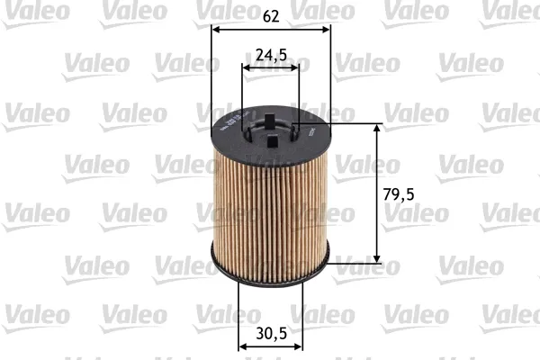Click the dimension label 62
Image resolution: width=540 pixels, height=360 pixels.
coord(271,14)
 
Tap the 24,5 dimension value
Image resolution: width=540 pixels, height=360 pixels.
coord(271,54)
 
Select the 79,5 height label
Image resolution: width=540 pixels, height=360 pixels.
coord(400,193)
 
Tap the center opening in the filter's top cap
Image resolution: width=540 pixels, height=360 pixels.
coord(271,133)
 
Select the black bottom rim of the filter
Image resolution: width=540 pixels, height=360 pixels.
coord(270,273)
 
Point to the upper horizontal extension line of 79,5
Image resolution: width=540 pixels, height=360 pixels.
coord(355,122)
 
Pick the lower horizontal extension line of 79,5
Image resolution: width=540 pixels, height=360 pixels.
coord(355,265)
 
